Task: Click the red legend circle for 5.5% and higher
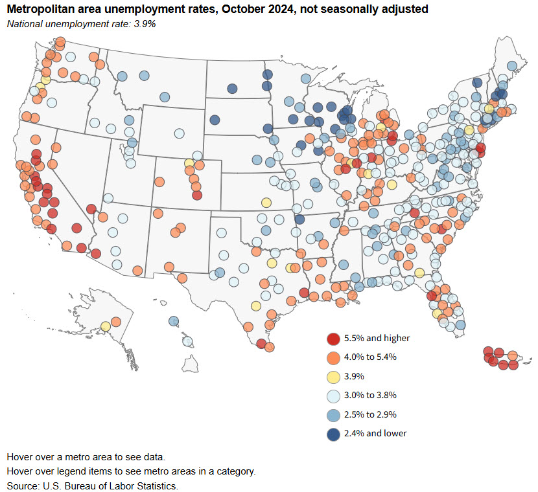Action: [x=333, y=338]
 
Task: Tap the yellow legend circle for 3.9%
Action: [x=333, y=376]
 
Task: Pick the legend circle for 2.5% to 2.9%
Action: [x=333, y=414]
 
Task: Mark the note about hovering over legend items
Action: [x=131, y=471]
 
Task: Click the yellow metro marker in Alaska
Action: [x=105, y=326]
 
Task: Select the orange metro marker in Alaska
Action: [x=116, y=322]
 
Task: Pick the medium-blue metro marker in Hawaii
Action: [x=173, y=321]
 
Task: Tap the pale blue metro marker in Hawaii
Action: [x=187, y=341]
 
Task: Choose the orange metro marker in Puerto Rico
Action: [x=512, y=356]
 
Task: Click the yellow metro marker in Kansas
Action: [x=266, y=202]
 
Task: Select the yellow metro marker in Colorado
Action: [x=189, y=163]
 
